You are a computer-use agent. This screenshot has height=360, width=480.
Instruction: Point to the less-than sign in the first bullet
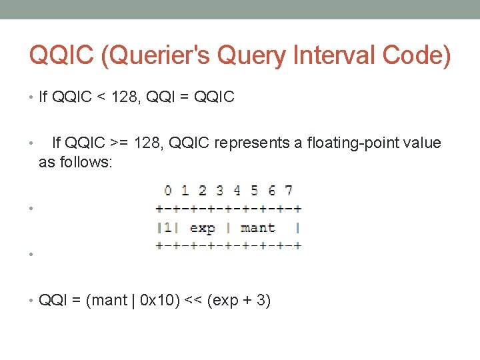tap(104, 97)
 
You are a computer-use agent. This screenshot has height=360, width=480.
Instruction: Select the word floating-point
tap(355, 143)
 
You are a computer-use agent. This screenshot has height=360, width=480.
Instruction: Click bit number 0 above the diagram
tap(168, 191)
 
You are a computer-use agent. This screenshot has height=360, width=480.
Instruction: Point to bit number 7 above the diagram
tap(289, 191)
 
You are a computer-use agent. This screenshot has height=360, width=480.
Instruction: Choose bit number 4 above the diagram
tap(237, 191)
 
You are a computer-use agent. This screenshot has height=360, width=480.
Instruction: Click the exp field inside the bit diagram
tap(202, 227)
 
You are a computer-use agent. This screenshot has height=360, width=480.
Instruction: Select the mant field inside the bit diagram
tap(257, 227)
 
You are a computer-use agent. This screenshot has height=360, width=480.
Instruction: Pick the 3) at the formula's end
tap(263, 301)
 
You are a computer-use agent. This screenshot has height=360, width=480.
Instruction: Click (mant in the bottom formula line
tap(106, 301)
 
